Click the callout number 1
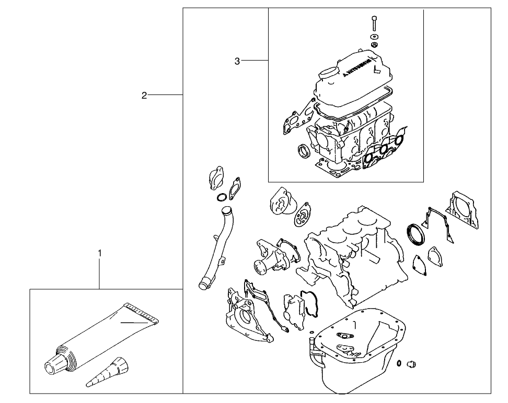click(x=99, y=253)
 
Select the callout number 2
click(x=144, y=95)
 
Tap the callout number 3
click(x=237, y=61)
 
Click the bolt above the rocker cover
click(x=374, y=23)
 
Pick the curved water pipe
click(x=216, y=245)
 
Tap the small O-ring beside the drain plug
click(x=399, y=364)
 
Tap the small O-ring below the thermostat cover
click(x=221, y=197)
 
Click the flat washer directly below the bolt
click(x=374, y=37)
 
